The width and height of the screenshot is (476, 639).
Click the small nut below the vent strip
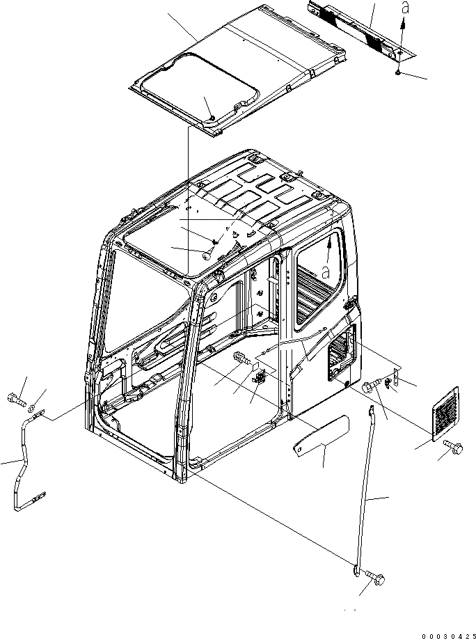coord(396,72)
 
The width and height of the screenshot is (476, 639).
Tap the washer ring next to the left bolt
coord(33,404)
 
